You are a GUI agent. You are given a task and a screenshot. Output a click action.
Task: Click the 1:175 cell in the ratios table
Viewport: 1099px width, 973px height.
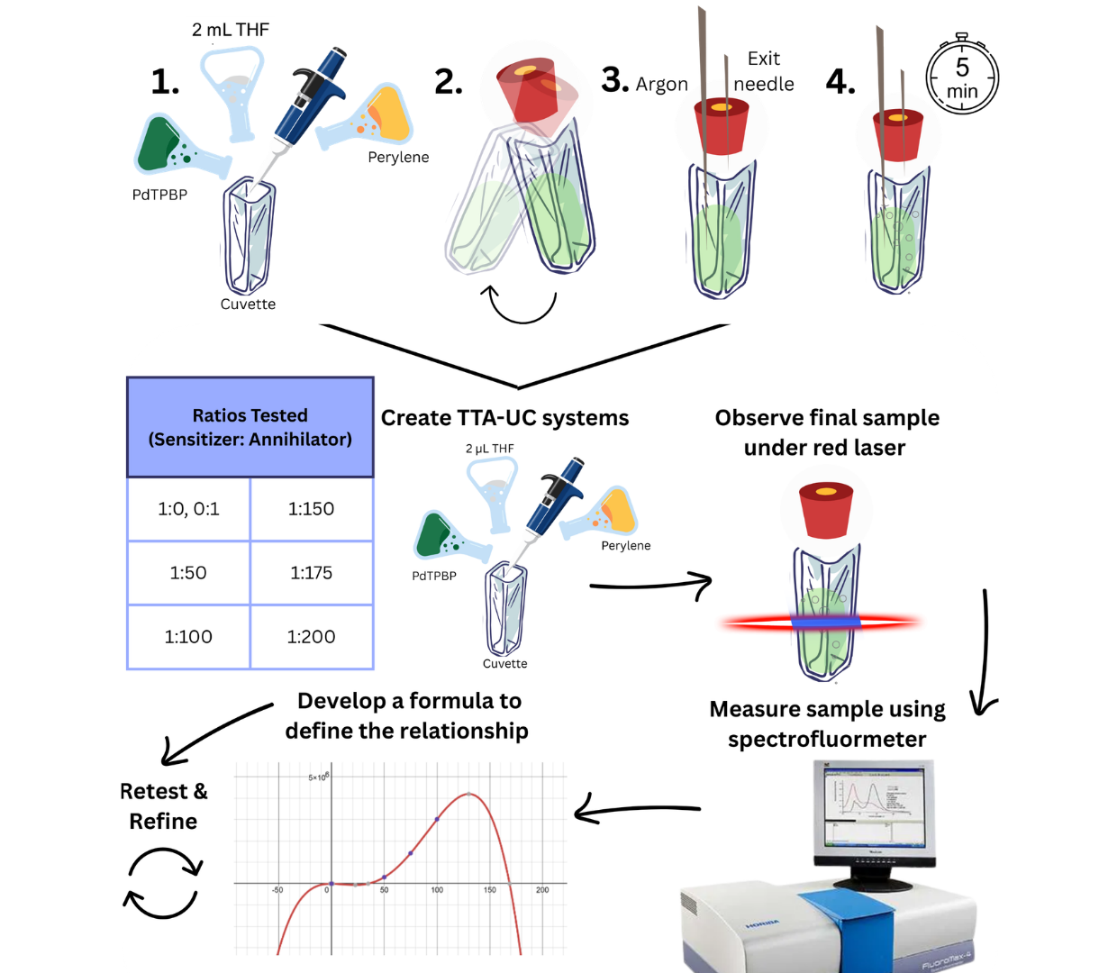tap(311, 573)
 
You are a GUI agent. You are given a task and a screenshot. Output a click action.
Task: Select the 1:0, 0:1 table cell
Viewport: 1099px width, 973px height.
tap(188, 509)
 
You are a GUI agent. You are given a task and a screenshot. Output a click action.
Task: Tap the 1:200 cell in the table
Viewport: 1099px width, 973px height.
tap(311, 637)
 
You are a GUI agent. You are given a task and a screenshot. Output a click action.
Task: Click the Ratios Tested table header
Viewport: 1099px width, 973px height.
tap(250, 427)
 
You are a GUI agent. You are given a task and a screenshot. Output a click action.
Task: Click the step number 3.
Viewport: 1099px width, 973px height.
tap(614, 80)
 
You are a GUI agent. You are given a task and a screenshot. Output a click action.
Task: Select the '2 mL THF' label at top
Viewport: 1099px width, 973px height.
tap(231, 30)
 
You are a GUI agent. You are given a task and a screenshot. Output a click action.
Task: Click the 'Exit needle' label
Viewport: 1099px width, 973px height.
tap(764, 71)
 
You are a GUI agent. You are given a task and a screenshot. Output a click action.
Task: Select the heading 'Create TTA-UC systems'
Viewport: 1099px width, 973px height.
tap(504, 418)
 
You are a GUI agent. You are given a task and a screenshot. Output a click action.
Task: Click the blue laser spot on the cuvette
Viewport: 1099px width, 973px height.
tap(826, 622)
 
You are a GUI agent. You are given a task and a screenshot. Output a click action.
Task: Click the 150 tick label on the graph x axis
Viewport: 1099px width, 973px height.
tap(489, 890)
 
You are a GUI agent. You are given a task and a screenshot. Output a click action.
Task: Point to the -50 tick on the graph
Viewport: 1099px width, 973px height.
tap(277, 890)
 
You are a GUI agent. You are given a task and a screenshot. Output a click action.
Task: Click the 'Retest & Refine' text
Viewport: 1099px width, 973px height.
tap(163, 806)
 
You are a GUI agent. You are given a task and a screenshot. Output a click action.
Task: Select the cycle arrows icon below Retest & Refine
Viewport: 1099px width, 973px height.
tap(163, 883)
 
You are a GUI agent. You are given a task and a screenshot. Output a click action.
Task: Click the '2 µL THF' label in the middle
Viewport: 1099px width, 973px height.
tap(490, 449)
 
